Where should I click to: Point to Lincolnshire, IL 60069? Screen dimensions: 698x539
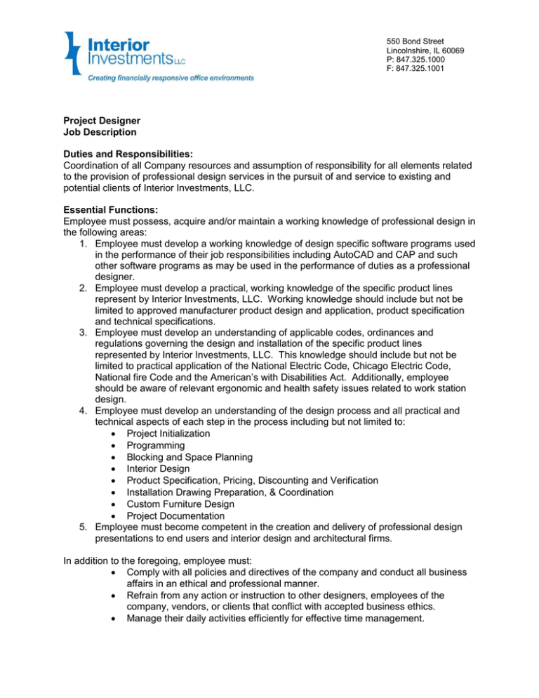[425, 50]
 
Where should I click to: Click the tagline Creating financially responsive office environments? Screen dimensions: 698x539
[171, 78]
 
